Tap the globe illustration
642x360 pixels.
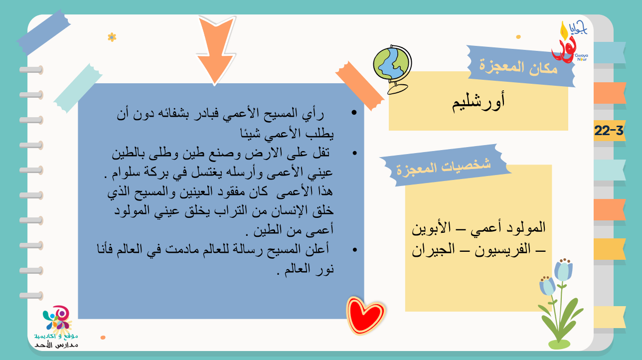(392, 69)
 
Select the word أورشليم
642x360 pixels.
(479, 102)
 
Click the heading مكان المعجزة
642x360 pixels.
(518, 67)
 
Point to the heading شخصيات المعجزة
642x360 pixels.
(444, 167)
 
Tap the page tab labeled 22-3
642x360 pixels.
(609, 131)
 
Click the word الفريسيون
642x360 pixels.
(502, 249)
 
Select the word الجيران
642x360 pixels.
(433, 249)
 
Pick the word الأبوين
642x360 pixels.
(431, 228)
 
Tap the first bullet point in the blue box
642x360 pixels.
(354, 112)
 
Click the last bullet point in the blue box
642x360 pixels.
(354, 250)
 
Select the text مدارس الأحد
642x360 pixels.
(56, 345)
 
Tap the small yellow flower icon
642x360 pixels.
(112, 37)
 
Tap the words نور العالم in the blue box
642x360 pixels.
(309, 269)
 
